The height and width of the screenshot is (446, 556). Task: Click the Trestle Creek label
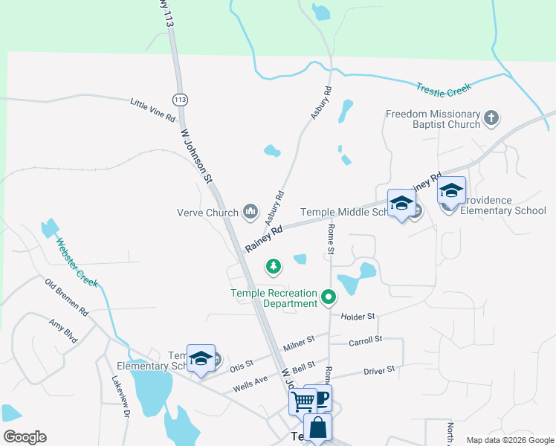click(444, 89)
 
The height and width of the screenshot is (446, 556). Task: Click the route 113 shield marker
click(179, 99)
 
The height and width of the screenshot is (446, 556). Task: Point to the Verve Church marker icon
click(250, 213)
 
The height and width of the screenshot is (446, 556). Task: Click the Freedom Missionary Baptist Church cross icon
click(491, 117)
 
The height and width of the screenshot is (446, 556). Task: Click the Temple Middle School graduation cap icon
click(401, 203)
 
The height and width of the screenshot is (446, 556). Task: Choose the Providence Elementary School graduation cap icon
click(450, 191)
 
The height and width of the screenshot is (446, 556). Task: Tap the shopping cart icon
click(303, 401)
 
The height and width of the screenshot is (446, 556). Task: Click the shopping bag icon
click(317, 428)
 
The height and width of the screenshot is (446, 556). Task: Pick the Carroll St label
click(365, 340)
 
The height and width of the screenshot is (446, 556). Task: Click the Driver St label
click(379, 369)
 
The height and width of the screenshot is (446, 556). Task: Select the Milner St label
click(300, 343)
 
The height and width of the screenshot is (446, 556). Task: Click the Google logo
click(25, 437)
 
